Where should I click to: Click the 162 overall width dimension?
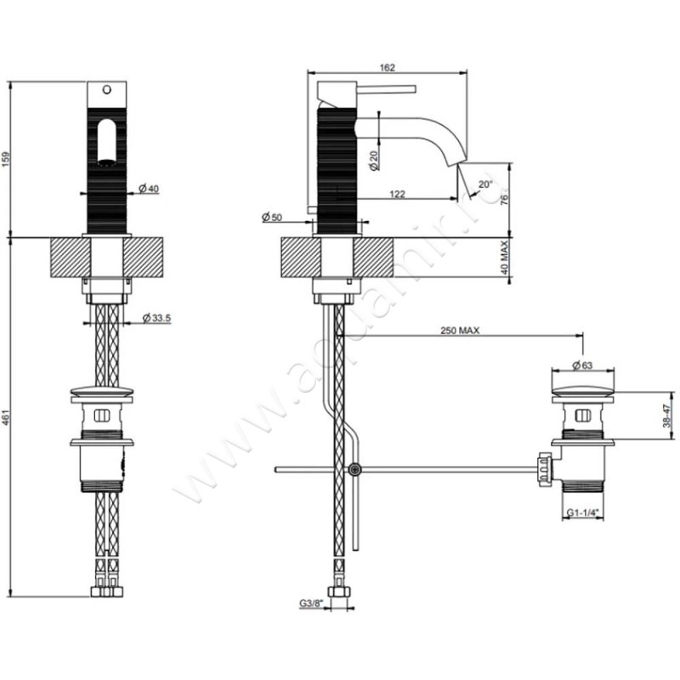click(387, 68)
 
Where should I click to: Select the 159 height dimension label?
click(8, 158)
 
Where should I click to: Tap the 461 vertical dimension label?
click(8, 416)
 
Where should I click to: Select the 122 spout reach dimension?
click(396, 194)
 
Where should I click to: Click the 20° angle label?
click(484, 184)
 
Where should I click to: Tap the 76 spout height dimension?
click(504, 199)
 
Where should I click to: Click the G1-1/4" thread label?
click(582, 513)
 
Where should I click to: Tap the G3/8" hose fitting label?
click(310, 603)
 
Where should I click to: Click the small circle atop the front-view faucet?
click(106, 88)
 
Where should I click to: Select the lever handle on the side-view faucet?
click(385, 88)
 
